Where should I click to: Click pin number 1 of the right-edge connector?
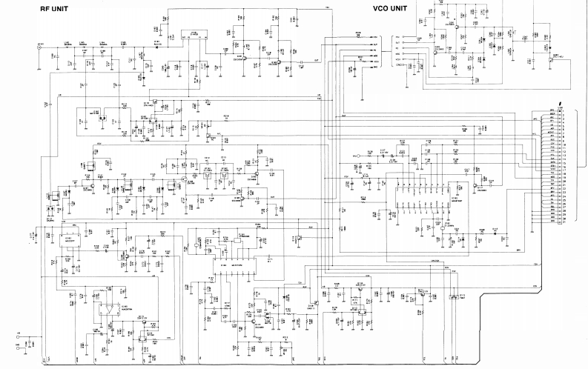point(564,111)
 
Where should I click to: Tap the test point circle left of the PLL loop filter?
point(357,156)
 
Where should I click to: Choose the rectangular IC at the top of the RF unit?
point(194,35)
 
